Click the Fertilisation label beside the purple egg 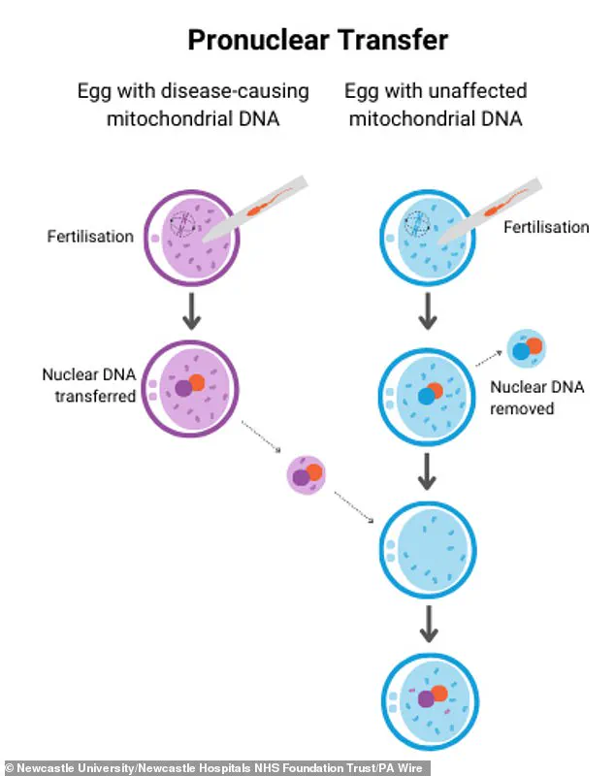tap(90, 236)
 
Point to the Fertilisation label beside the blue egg tap(545, 227)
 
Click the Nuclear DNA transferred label tap(88, 385)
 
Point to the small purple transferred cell tap(307, 474)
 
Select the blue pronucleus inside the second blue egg tap(425, 396)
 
